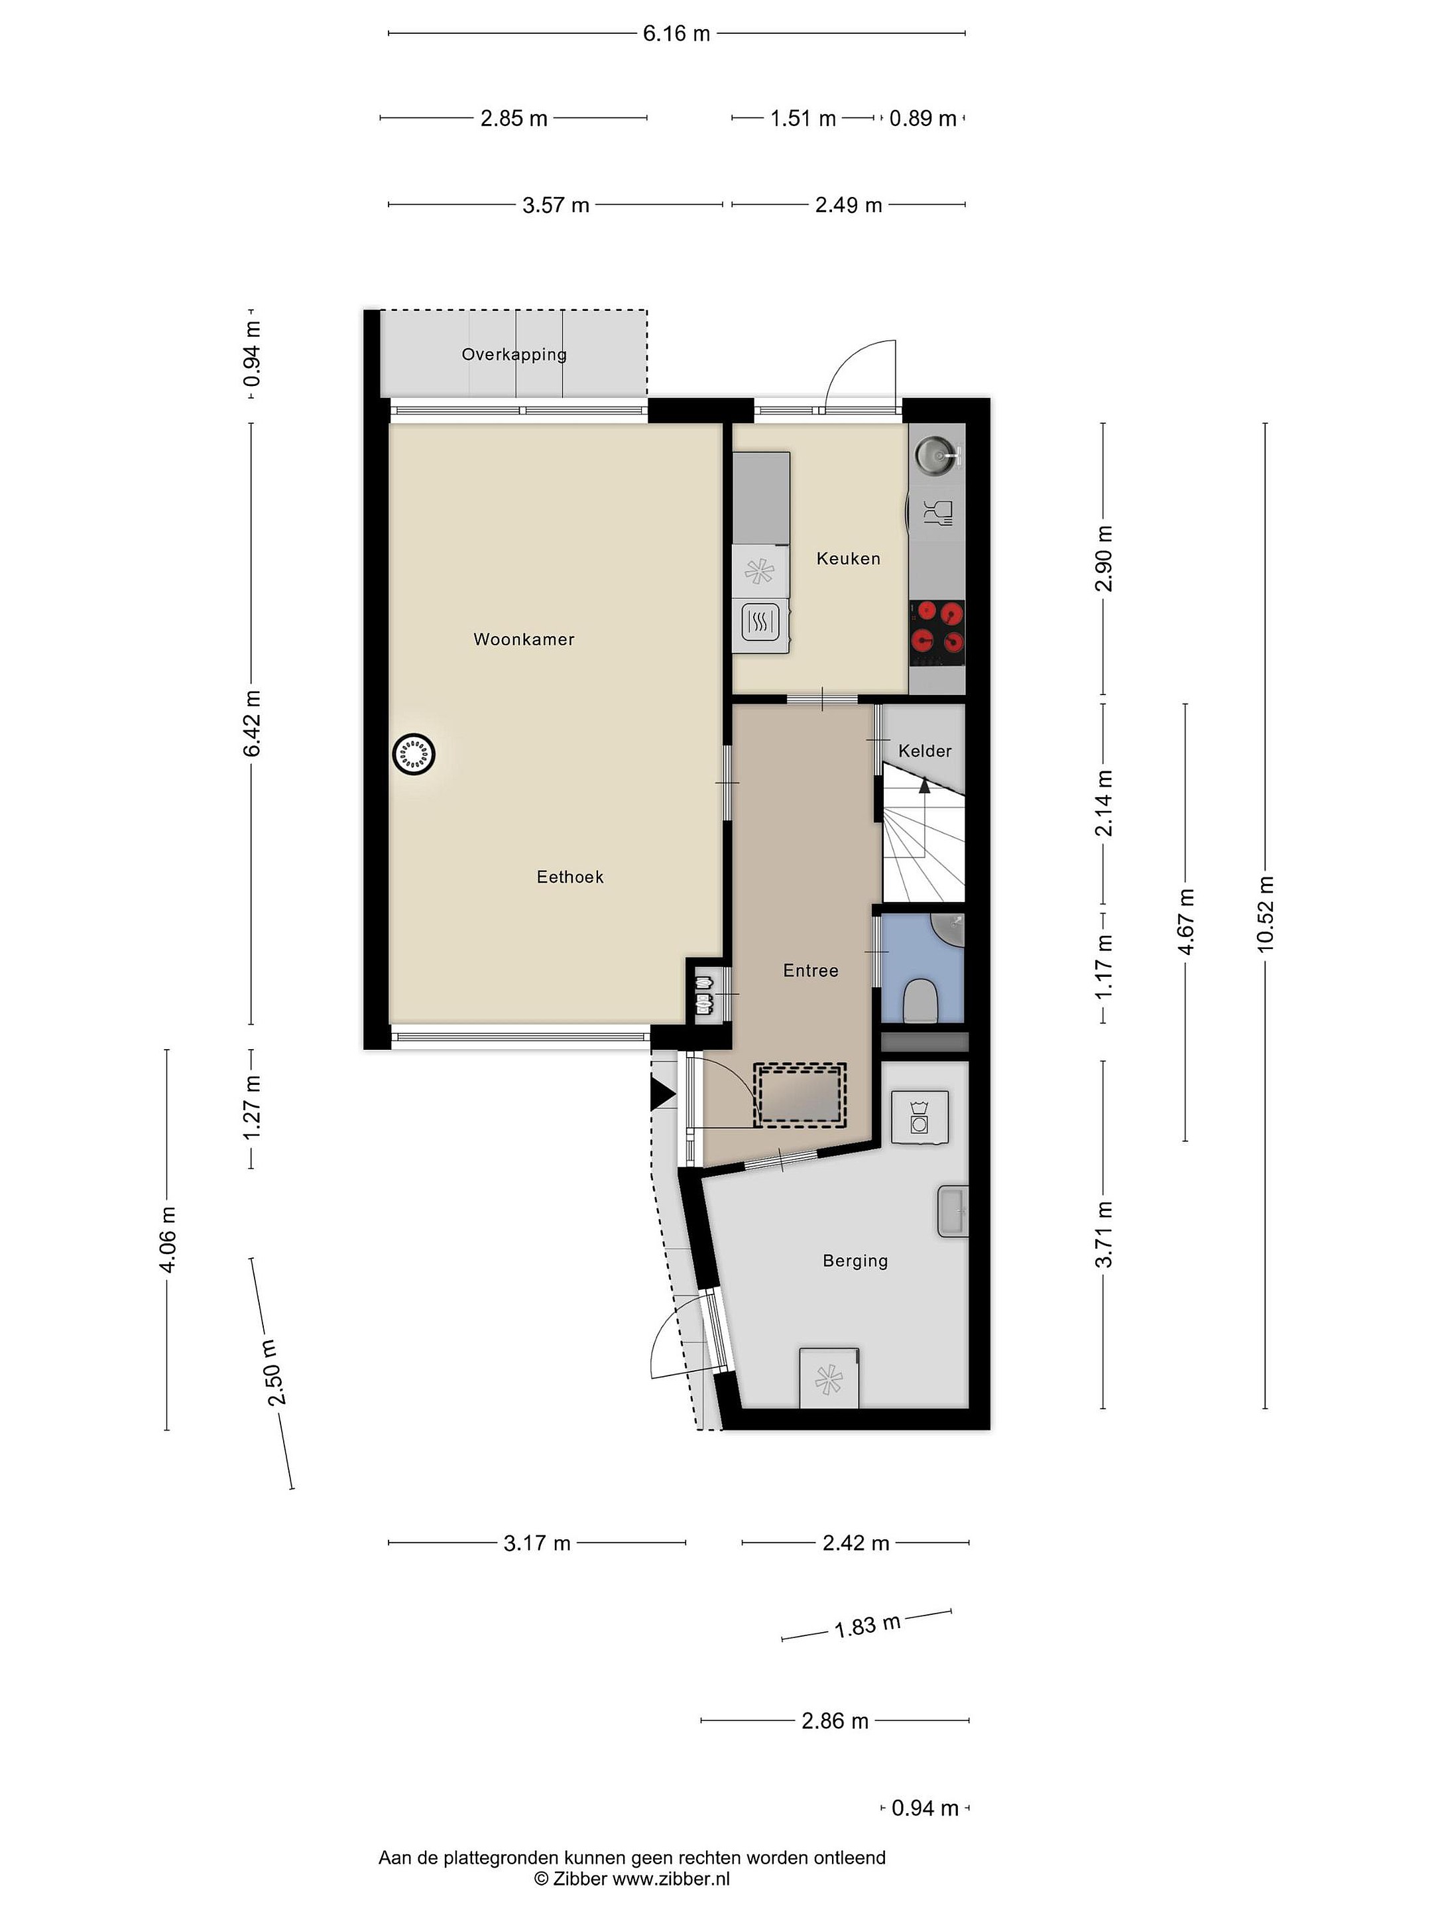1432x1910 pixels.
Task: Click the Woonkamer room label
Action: [524, 640]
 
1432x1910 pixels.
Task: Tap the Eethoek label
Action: [569, 877]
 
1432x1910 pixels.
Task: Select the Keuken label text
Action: [849, 558]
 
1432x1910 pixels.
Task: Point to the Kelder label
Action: [924, 751]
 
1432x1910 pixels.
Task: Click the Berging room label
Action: [855, 1261]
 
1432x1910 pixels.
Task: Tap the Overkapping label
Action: [514, 355]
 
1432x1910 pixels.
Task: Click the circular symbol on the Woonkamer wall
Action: [414, 755]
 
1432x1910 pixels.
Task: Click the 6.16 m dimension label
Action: [677, 34]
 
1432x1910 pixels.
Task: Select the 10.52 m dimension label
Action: [1266, 915]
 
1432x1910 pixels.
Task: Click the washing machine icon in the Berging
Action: [920, 1117]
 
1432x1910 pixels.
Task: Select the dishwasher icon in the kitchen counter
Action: [937, 513]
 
